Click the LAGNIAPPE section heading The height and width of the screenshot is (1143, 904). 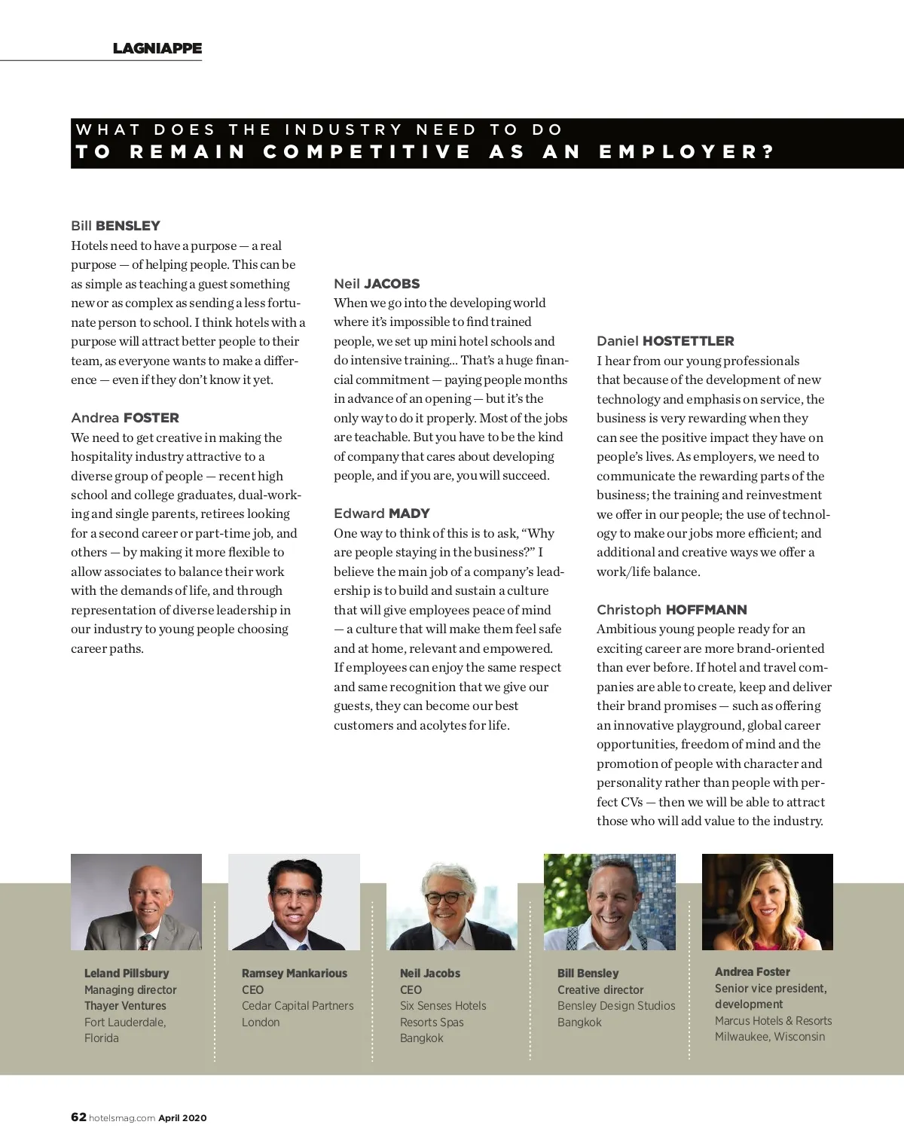click(x=157, y=48)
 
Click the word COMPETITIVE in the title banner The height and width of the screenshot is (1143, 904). click(x=367, y=151)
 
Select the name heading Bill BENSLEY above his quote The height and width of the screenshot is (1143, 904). click(x=115, y=226)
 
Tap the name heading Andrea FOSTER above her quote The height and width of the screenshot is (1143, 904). click(x=125, y=418)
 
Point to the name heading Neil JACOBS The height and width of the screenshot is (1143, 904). click(x=377, y=284)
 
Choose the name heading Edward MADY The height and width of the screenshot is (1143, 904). click(x=382, y=514)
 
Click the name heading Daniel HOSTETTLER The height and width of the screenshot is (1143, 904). click(x=665, y=341)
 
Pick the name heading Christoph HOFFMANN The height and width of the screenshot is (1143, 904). click(x=672, y=610)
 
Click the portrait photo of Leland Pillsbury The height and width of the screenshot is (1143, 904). click(x=136, y=902)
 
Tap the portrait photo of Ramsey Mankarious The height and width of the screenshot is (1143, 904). click(x=294, y=902)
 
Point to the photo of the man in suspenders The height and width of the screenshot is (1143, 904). click(x=609, y=902)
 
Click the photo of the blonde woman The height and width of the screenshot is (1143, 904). click(x=767, y=902)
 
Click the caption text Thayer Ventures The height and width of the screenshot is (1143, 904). click(x=125, y=1006)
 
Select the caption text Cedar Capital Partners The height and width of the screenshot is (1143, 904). click(x=298, y=1006)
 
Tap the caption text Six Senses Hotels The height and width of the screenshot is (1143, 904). click(x=443, y=1006)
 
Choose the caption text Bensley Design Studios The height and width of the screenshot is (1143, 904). click(x=616, y=1006)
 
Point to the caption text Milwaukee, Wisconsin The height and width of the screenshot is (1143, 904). click(x=770, y=1037)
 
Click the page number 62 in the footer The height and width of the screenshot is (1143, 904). click(x=78, y=1117)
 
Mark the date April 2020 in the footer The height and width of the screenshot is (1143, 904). click(x=182, y=1118)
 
